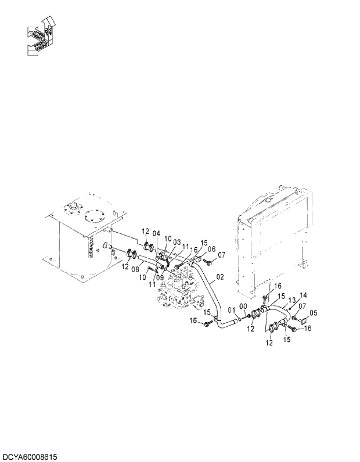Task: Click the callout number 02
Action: (x=219, y=277)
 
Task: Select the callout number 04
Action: (x=156, y=234)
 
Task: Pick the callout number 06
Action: (x=212, y=248)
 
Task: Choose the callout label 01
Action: (x=232, y=309)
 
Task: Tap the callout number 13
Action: (x=292, y=301)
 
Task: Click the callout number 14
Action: (x=303, y=295)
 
